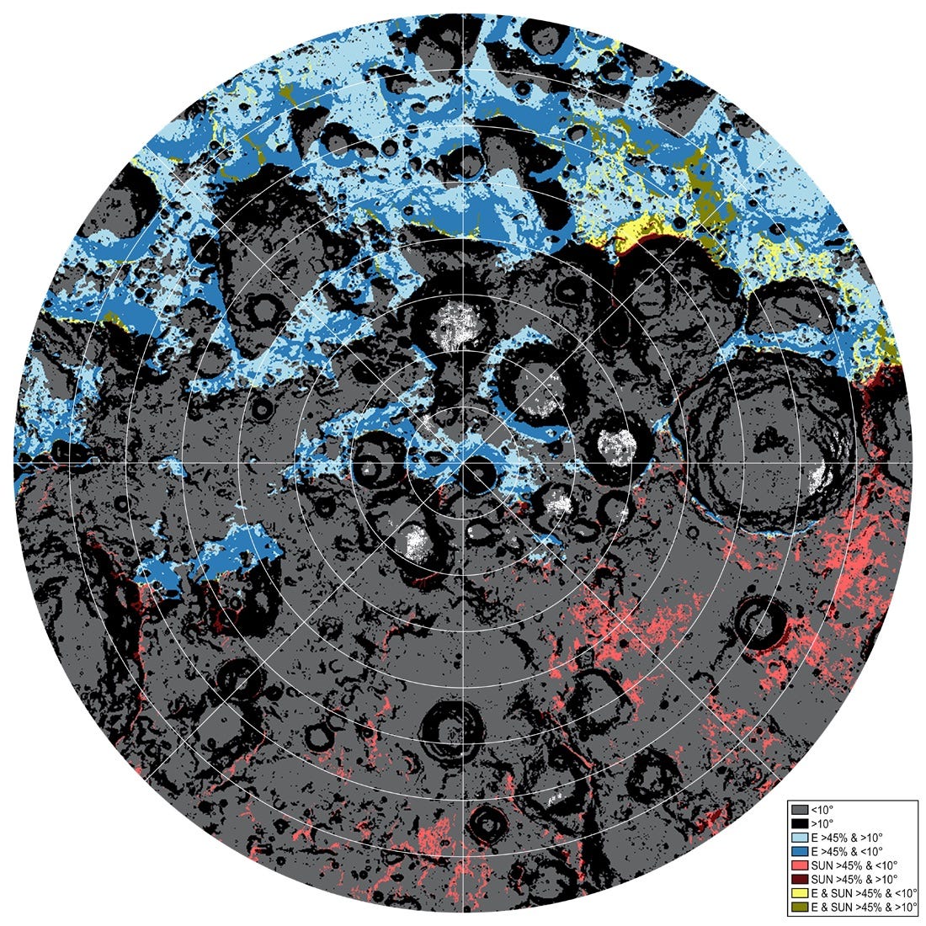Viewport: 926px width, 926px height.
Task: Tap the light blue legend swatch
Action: pos(801,838)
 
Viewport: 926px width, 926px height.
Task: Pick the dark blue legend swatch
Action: pos(801,852)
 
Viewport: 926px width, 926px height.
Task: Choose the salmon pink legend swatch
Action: pos(801,865)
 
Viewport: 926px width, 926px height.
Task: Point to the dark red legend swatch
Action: pos(801,879)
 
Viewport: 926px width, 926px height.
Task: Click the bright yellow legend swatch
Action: pos(801,892)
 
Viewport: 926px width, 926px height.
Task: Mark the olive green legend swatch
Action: pos(801,906)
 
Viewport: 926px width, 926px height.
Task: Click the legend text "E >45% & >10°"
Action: pos(845,838)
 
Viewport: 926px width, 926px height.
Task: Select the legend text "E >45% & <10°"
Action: pos(845,852)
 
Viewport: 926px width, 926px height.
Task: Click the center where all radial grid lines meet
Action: pos(464,462)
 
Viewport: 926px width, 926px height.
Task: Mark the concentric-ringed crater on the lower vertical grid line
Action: pos(454,728)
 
